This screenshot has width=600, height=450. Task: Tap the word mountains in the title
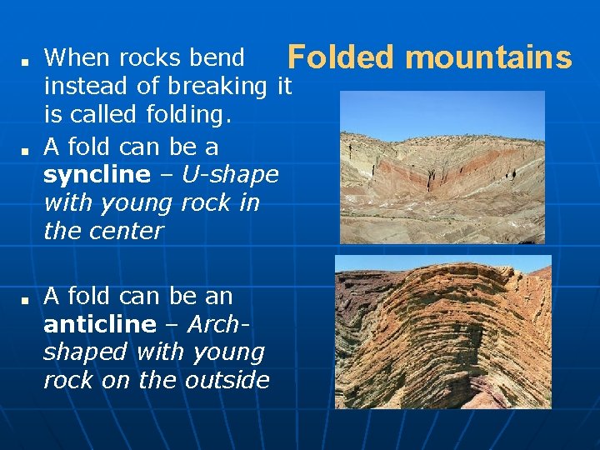point(489,57)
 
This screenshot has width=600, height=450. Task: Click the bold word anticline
point(100,324)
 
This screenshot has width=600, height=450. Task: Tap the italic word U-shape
point(229,175)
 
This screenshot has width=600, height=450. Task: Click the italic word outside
point(227,380)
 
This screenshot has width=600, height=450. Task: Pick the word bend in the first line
point(217,57)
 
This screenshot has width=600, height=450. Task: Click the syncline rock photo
point(442,167)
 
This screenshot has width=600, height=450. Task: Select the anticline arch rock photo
point(442,332)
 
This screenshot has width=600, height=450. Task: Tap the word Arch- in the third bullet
point(219,324)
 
